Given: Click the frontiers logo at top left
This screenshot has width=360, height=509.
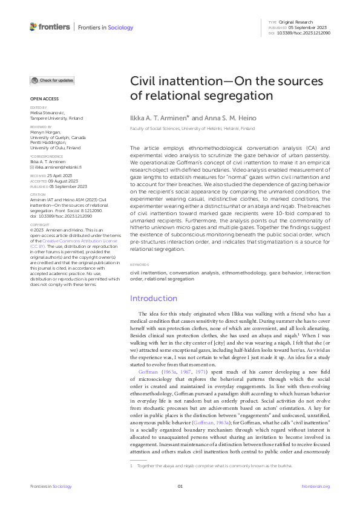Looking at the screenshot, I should click(x=50, y=27).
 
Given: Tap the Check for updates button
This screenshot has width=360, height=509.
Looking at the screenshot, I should click(x=53, y=80).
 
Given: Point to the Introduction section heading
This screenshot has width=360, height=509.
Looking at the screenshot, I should click(x=154, y=298).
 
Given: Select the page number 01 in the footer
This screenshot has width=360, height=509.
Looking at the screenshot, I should click(x=180, y=487).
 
